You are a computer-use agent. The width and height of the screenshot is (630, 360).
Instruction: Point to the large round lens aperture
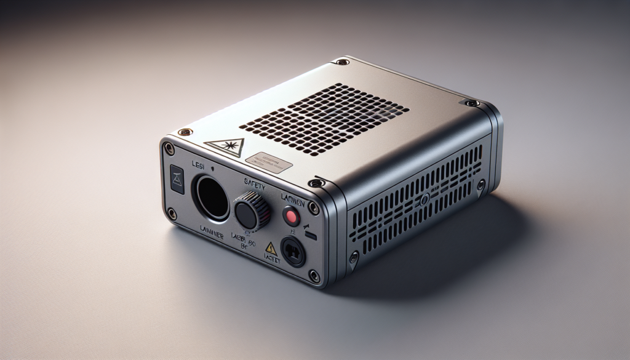pyautogui.click(x=212, y=197)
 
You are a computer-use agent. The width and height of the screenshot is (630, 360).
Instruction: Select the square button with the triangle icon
pyautogui.click(x=176, y=180)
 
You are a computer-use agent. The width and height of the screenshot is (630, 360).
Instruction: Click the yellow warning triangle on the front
pyautogui.click(x=271, y=248)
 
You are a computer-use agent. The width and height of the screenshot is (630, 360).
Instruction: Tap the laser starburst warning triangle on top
pyautogui.click(x=225, y=146)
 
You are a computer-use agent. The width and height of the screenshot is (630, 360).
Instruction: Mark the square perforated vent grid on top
pyautogui.click(x=324, y=118)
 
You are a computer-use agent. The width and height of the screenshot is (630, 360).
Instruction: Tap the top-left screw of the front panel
pyautogui.click(x=169, y=148)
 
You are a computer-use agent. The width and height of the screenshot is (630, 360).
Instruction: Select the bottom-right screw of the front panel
pyautogui.click(x=314, y=275)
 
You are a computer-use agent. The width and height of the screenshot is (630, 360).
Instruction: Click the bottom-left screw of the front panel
pyautogui.click(x=172, y=214)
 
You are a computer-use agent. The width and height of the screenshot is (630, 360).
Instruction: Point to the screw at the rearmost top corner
pyautogui.click(x=341, y=62)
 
